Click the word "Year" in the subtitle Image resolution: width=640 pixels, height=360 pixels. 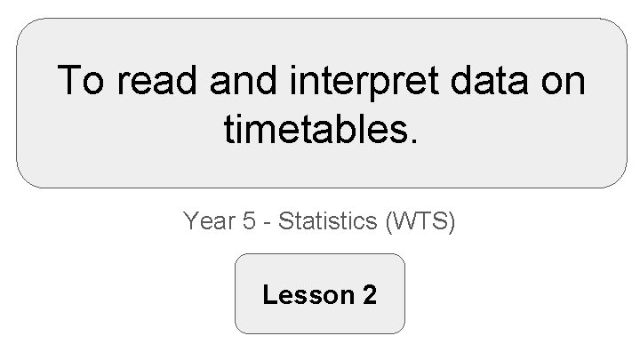[x=207, y=220]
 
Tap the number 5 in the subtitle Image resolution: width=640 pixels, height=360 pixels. [x=248, y=220]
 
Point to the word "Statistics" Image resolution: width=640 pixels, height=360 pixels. [x=329, y=220]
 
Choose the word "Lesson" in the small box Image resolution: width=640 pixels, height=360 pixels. [x=307, y=294]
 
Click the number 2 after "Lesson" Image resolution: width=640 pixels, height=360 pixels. [x=369, y=294]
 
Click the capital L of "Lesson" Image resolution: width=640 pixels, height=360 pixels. [x=268, y=294]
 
